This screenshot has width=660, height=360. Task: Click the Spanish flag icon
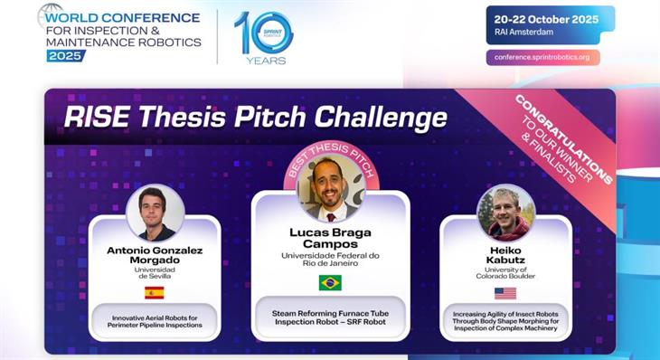[155, 292]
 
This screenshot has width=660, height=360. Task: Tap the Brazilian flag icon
[330, 282]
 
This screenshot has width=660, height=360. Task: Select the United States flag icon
[505, 293]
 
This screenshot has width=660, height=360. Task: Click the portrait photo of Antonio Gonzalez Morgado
[155, 213]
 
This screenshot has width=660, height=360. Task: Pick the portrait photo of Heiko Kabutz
[505, 213]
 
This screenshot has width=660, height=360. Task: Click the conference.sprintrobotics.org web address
[542, 57]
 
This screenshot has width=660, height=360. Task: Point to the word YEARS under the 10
[265, 61]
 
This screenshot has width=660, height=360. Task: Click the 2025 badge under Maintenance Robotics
[66, 55]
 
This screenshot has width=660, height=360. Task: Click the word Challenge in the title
[391, 118]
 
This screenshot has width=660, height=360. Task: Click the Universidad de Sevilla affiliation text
[155, 272]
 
